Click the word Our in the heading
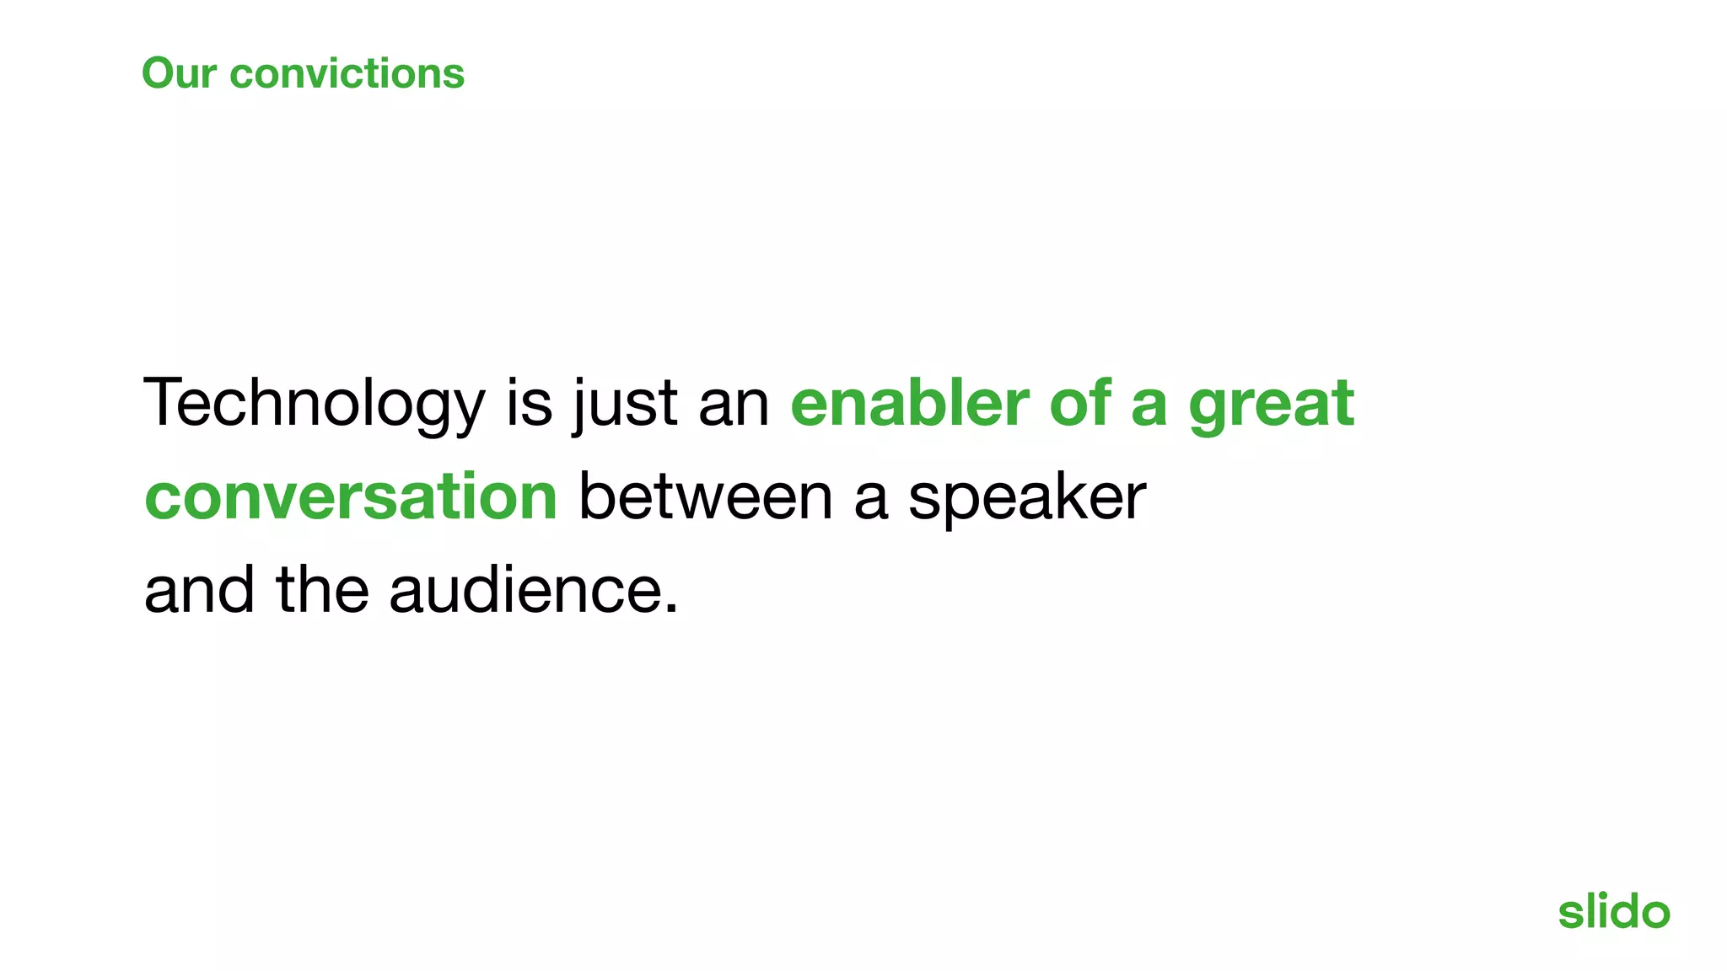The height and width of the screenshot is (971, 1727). pos(179,73)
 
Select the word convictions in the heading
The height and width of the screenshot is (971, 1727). pos(347,73)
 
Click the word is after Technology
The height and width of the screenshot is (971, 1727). pos(530,403)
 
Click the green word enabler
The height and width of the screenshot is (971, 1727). pos(910,403)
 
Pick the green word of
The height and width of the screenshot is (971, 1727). pos(1079,403)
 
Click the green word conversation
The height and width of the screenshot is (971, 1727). pos(351,496)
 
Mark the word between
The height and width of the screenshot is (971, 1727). pos(706,496)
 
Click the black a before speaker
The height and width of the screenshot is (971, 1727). pos(871,498)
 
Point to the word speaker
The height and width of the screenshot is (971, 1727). pos(1027,498)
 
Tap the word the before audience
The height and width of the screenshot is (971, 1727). pos(322,589)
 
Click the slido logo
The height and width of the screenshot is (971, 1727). pos(1613,911)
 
